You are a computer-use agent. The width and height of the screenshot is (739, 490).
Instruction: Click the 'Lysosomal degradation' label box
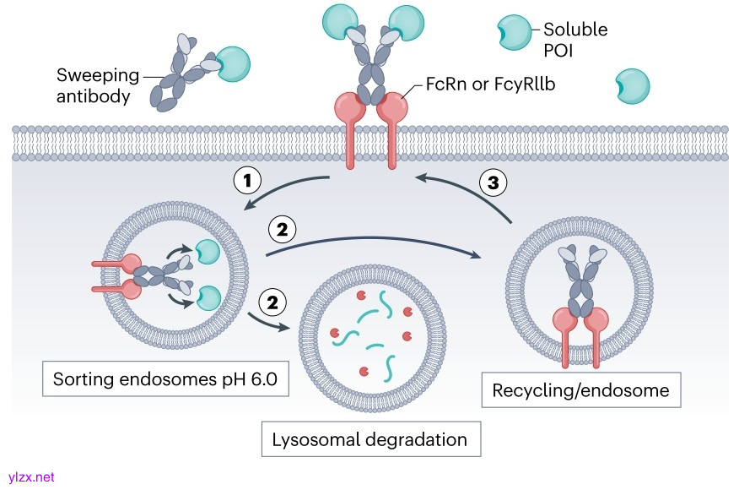[369, 439]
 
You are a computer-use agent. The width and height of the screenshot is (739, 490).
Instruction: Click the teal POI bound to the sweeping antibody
[234, 64]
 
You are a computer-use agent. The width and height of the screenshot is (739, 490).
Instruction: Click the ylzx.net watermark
[30, 477]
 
